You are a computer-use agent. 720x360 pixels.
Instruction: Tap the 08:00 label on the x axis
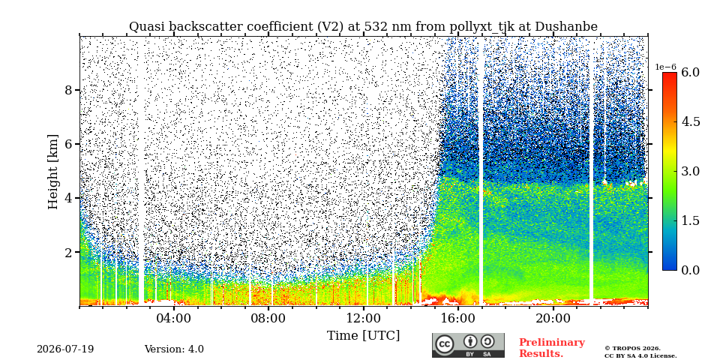(268, 319)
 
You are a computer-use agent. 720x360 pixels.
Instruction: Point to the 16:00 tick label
(458, 319)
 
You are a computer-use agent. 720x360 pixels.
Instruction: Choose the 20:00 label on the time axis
(553, 319)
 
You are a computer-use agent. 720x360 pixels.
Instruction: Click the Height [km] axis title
(53, 172)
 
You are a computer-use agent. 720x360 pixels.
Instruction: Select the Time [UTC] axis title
(363, 336)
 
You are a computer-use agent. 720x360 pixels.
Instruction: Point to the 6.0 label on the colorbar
(690, 73)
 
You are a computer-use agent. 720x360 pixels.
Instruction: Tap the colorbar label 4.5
(690, 122)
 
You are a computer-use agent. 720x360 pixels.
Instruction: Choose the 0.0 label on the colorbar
(690, 270)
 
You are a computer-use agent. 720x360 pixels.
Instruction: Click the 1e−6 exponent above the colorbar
(666, 67)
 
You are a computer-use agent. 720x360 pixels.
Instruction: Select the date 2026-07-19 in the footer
(65, 349)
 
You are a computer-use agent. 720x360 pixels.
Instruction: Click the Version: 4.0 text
(174, 349)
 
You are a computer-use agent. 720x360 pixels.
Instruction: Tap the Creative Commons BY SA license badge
(468, 345)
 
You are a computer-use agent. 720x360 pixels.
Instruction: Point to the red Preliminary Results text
(552, 348)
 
